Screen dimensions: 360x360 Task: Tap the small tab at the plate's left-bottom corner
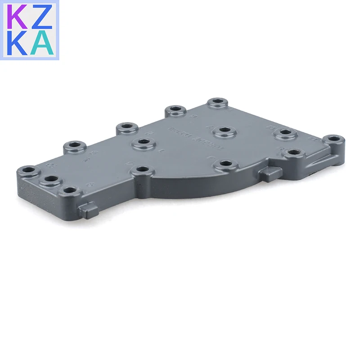89,208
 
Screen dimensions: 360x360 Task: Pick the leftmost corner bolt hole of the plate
28,171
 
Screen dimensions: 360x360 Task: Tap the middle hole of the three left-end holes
51,179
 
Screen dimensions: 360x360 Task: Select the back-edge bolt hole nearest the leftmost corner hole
74,146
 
